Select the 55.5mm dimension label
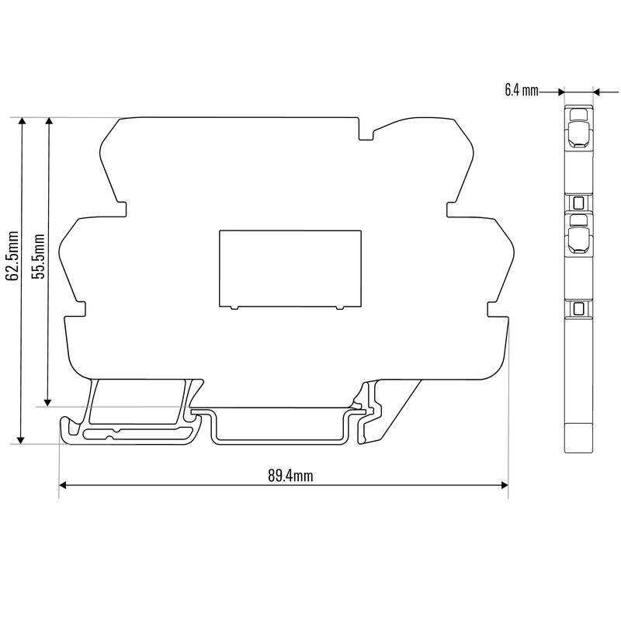[39, 255]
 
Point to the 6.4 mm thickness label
[521, 91]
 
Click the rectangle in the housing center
[290, 267]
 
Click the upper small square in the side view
[578, 204]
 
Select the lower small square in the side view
[578, 309]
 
